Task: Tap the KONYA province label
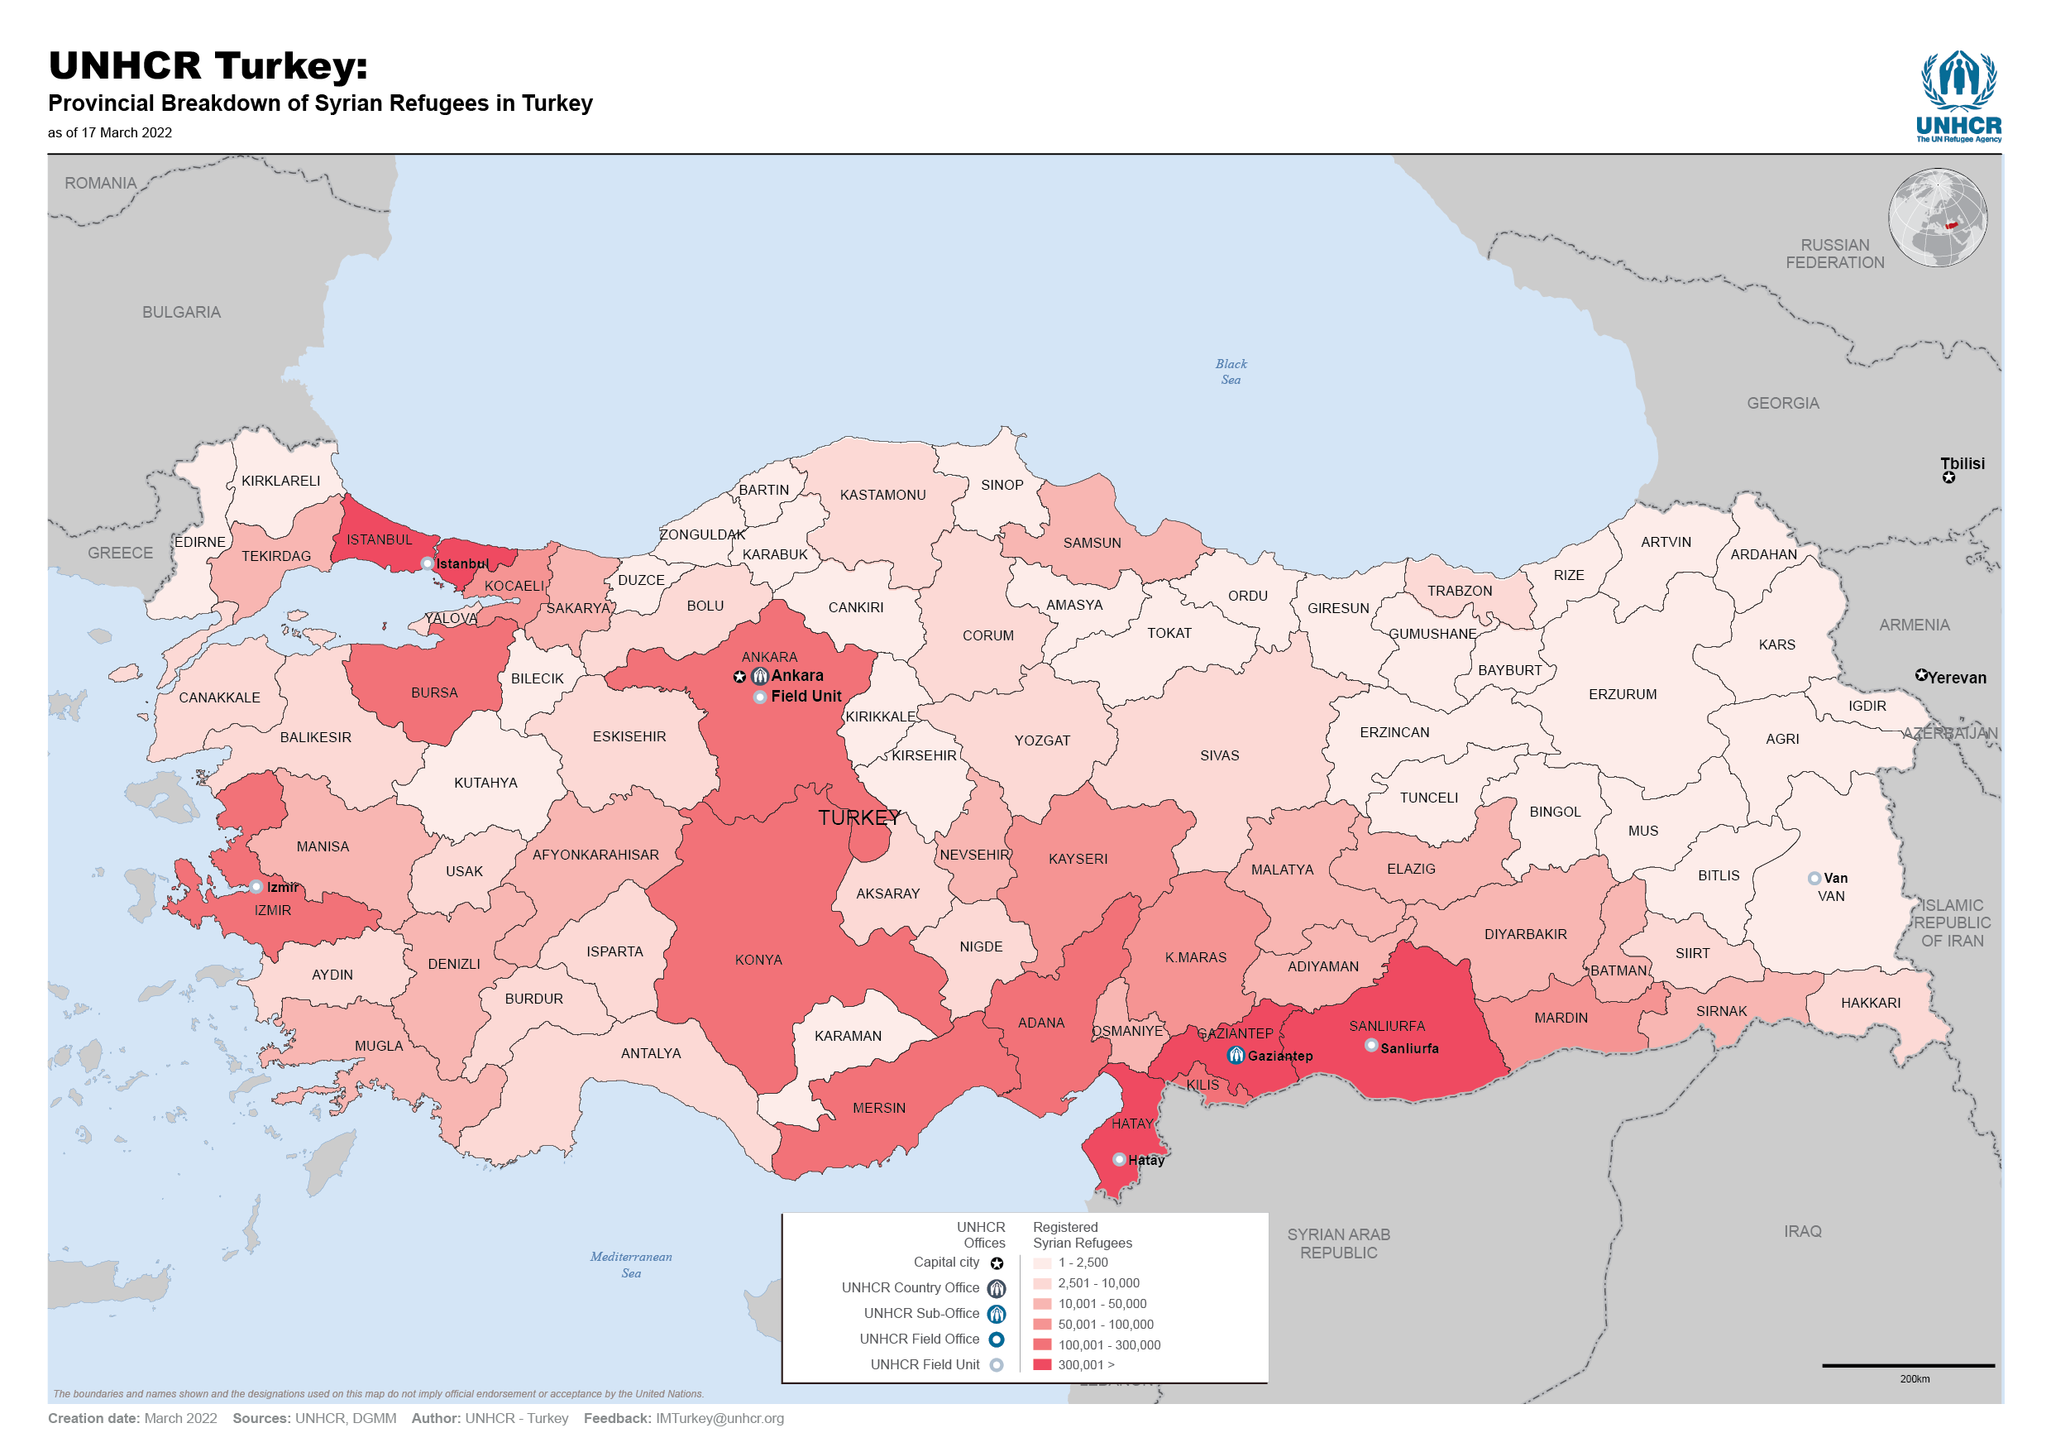[758, 961]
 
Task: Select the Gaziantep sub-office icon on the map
[1236, 1056]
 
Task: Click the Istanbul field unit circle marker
[428, 564]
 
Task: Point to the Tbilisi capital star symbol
[1948, 477]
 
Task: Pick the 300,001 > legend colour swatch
[1042, 1365]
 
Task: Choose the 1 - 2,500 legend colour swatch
[1042, 1263]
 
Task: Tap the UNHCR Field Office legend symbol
[997, 1339]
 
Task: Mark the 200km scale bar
[1908, 1366]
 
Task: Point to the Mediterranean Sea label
[631, 1265]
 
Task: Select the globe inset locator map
[1938, 218]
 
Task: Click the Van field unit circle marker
[1814, 879]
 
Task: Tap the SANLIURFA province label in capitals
[1387, 1027]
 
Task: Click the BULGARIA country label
[181, 312]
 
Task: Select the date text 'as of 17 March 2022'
[110, 133]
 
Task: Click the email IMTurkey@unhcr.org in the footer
[720, 1419]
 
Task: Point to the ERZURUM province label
[1623, 695]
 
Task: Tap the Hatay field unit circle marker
[1119, 1161]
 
